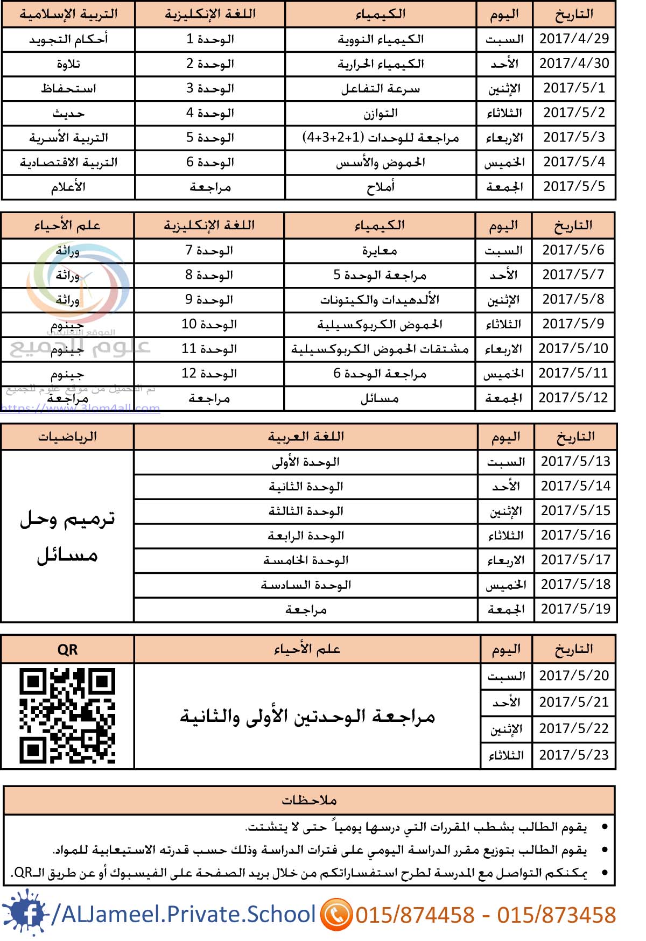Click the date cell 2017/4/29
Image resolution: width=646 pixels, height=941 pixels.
point(574,39)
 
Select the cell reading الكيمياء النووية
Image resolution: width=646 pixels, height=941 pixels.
point(381,39)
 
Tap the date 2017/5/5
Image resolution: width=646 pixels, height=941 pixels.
point(574,187)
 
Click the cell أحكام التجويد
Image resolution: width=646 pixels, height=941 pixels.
point(68,39)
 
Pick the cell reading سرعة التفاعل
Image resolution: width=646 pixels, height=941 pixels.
point(381,89)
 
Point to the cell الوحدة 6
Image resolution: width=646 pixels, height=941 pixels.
point(210,163)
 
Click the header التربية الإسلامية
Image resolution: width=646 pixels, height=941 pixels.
point(68,14)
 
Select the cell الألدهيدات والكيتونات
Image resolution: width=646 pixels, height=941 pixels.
point(380,300)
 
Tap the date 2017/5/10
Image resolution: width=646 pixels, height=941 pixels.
point(573,349)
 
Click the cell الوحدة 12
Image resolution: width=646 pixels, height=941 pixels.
point(209,374)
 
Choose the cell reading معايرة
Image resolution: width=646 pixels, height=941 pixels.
point(380,251)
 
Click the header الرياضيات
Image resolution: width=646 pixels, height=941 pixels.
point(67,437)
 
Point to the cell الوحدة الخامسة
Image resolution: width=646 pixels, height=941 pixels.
point(306,560)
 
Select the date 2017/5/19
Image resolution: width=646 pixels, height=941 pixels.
point(575,609)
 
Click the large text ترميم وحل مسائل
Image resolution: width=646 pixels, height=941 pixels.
point(67,537)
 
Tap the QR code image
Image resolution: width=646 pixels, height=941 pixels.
point(67,715)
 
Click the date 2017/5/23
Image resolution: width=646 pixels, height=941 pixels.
point(573,755)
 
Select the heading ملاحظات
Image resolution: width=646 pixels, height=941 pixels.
point(309,800)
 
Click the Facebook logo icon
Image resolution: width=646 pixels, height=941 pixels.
point(26,914)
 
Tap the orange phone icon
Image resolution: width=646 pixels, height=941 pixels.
point(336,915)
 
